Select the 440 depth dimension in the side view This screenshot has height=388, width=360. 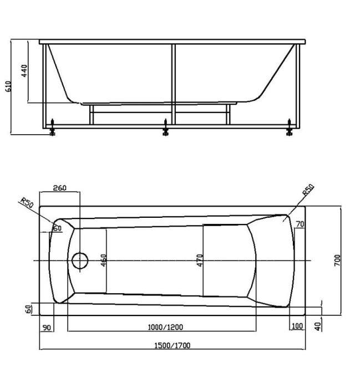[24, 71]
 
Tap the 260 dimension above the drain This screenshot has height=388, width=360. [59, 188]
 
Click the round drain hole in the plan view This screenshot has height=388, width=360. [80, 261]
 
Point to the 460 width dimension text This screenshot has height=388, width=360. [103, 261]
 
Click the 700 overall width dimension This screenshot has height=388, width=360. [337, 261]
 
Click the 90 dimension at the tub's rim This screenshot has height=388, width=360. [47, 327]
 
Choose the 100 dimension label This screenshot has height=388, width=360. [297, 326]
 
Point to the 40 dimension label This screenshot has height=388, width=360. [317, 326]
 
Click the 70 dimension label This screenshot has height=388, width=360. [300, 224]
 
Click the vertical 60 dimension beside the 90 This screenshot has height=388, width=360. [29, 308]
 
